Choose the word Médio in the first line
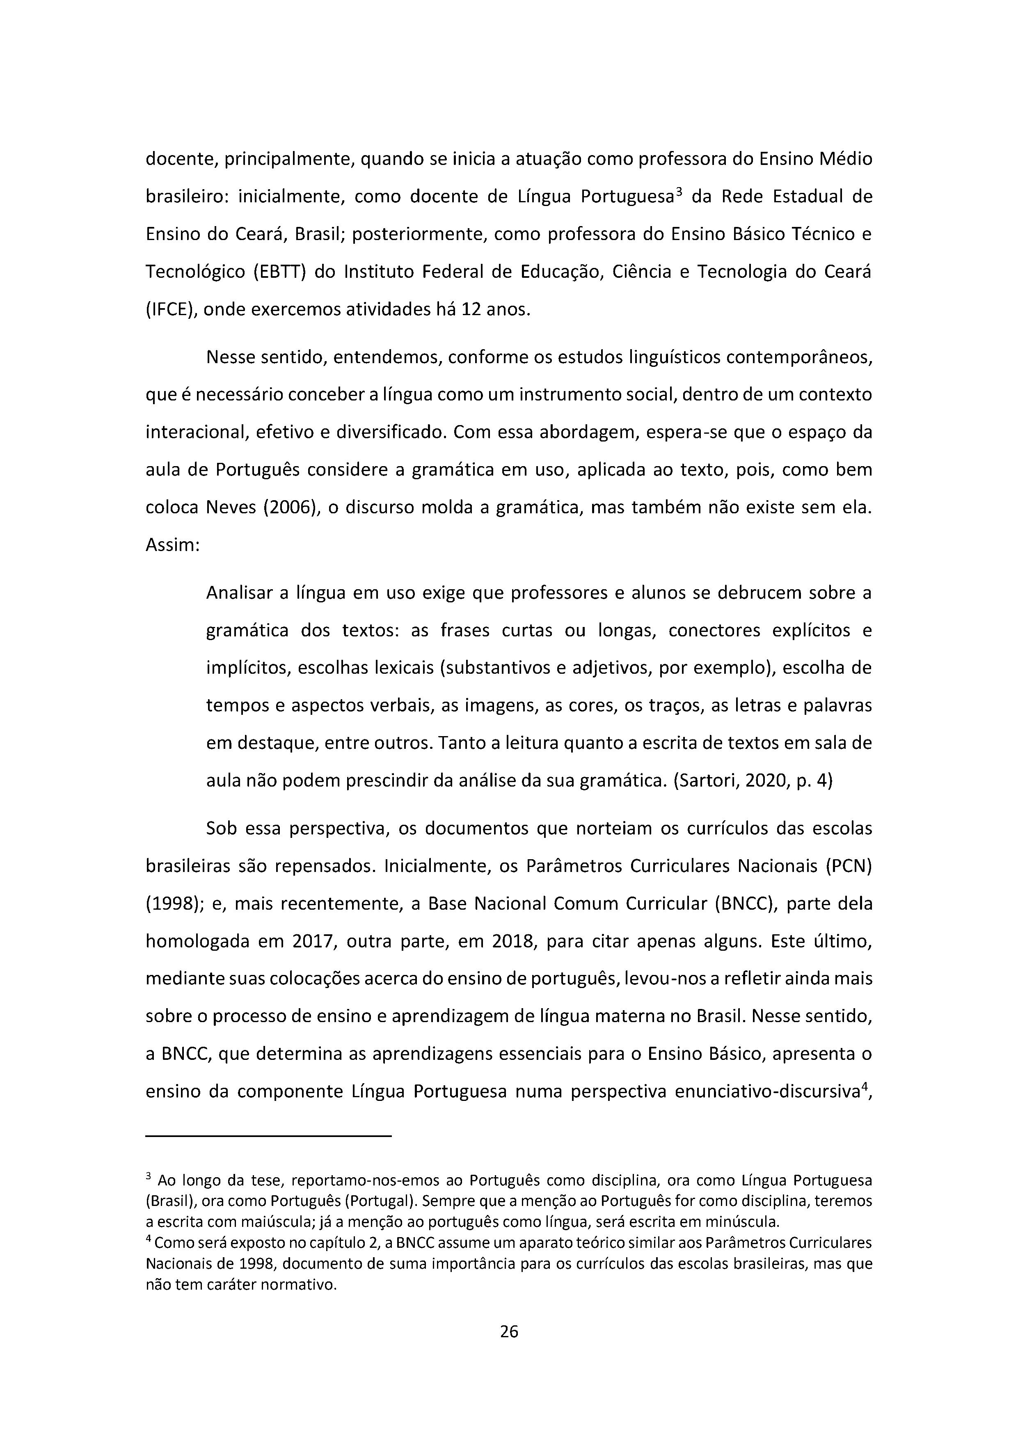coord(846,159)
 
